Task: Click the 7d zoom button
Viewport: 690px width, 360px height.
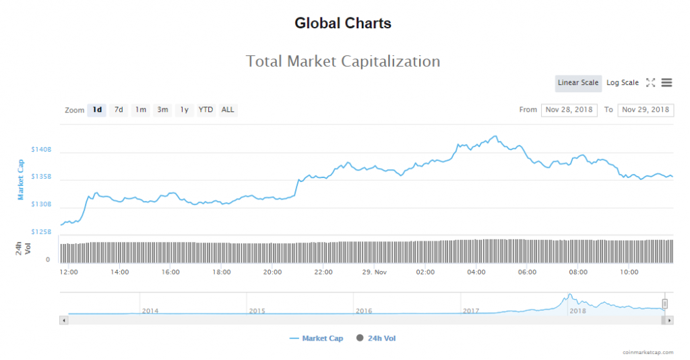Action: coord(119,110)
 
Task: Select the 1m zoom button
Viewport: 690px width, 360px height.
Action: coord(140,110)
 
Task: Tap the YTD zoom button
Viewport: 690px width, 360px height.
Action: coord(206,110)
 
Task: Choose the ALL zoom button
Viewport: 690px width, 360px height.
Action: coord(228,110)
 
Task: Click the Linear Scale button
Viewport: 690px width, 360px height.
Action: coord(577,83)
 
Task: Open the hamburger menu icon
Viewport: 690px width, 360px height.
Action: coord(666,83)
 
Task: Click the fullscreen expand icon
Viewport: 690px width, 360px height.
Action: coord(650,83)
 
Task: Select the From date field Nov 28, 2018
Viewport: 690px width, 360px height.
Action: coord(569,110)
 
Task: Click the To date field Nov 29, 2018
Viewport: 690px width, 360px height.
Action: coord(646,110)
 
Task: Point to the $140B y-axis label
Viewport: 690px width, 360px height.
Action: coord(41,149)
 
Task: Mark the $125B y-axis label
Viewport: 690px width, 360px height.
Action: coord(41,232)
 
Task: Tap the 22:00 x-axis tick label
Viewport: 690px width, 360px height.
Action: coord(323,272)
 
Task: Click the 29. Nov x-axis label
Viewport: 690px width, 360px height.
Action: coord(375,272)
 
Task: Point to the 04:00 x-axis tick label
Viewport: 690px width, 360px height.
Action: coord(476,272)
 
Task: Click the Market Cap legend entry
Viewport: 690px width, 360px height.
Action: coord(316,338)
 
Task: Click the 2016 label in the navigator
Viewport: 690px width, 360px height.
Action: coord(363,311)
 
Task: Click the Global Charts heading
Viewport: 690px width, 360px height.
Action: coord(343,23)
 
